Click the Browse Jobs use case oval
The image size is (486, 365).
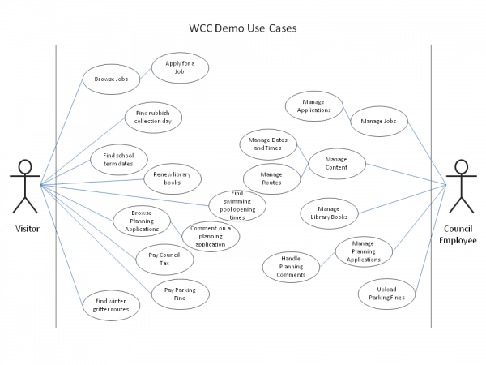111,79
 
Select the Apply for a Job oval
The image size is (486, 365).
180,67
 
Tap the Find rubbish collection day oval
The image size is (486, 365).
153,118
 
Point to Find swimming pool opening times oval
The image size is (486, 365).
237,206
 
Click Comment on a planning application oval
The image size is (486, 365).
211,234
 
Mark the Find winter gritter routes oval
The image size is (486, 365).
111,304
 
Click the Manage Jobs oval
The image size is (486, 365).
377,121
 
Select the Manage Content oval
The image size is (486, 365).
336,164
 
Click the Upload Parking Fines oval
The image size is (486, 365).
386,294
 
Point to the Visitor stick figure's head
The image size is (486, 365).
26,168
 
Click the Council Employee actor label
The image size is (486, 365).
459,234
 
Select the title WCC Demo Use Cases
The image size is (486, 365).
243,28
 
